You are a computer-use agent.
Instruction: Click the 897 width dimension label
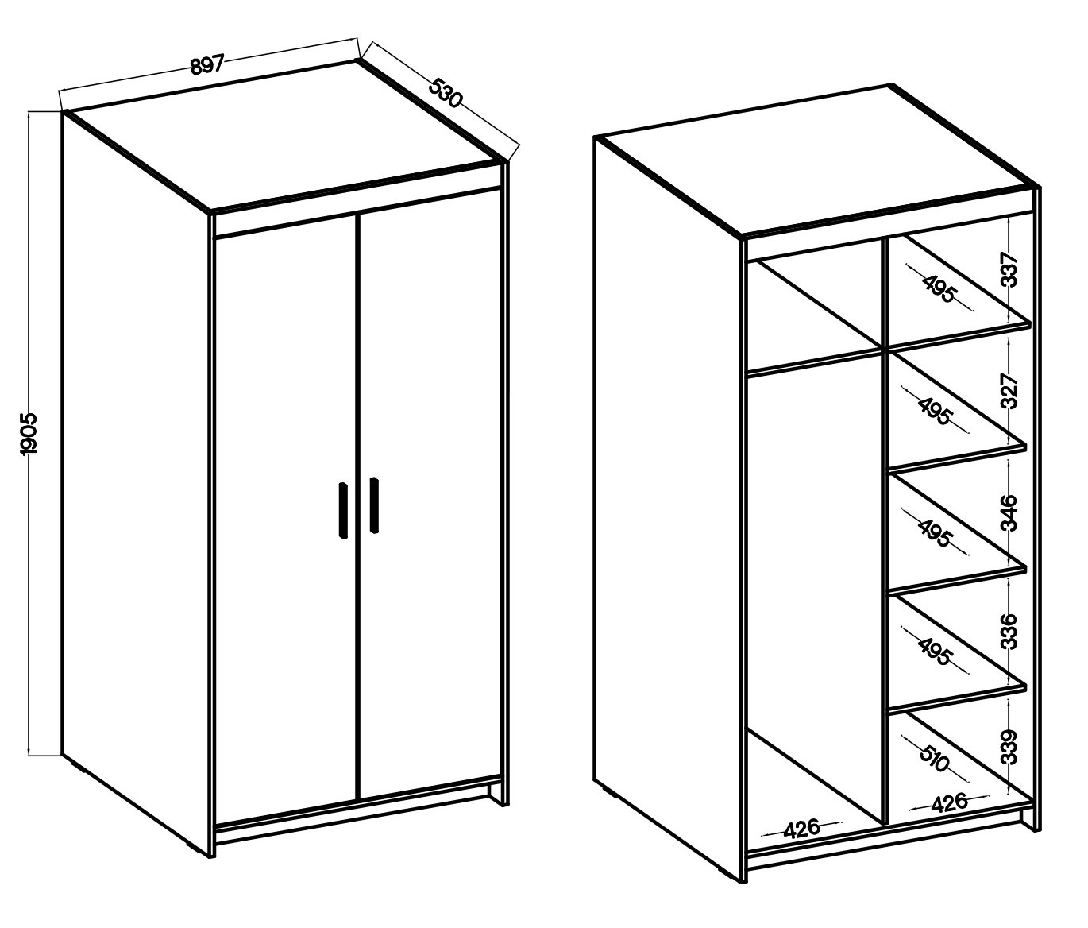[x=207, y=65]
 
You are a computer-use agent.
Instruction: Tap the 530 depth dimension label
[x=446, y=93]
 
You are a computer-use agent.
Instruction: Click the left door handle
[x=343, y=510]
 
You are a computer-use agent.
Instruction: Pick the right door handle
[x=374, y=505]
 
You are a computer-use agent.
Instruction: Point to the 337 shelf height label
[x=1009, y=269]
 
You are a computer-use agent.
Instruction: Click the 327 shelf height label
[x=1009, y=391]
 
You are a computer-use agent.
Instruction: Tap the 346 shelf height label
[x=1009, y=512]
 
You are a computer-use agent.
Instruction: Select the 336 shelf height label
[x=1009, y=631]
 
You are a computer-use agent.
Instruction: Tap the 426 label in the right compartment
[x=950, y=802]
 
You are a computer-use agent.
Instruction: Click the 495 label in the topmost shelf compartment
[x=939, y=289]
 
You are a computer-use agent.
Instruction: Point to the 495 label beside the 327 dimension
[x=934, y=411]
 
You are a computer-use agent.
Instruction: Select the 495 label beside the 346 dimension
[x=935, y=532]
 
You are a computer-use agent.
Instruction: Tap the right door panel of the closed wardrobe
[x=430, y=495]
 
